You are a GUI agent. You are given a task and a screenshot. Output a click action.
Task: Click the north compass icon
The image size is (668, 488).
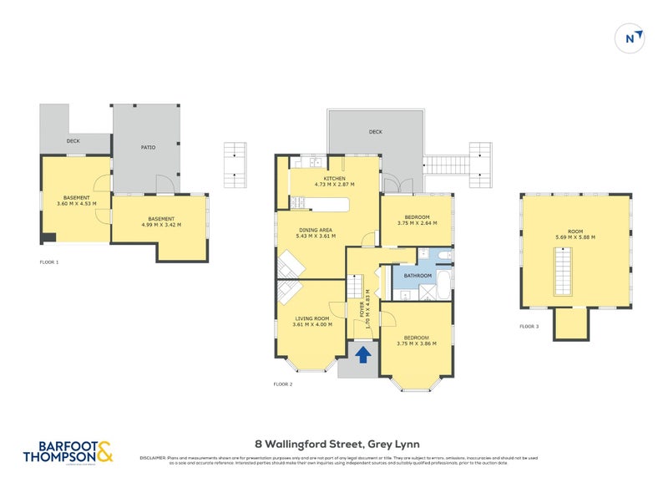click(x=631, y=38)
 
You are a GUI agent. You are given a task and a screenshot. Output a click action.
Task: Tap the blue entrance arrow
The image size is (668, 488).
click(x=363, y=355)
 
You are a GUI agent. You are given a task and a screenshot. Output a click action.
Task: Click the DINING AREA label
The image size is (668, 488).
click(x=316, y=232)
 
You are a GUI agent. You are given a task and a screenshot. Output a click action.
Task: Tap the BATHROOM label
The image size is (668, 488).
click(x=417, y=276)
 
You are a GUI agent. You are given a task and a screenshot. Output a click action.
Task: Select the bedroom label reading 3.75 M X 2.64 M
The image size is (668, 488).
click(x=417, y=219)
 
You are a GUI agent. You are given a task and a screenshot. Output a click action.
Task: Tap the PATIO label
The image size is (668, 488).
click(x=148, y=147)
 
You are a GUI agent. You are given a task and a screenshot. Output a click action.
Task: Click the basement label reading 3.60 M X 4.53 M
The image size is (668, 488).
click(x=76, y=200)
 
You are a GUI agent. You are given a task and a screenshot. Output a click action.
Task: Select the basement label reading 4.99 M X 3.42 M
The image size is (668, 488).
click(x=160, y=221)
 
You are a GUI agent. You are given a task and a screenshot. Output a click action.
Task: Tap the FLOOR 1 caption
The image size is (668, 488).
click(x=49, y=262)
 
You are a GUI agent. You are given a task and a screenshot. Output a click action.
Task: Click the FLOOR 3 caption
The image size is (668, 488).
click(x=529, y=326)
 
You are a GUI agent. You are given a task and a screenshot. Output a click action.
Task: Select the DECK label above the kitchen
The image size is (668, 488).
click(x=375, y=131)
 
